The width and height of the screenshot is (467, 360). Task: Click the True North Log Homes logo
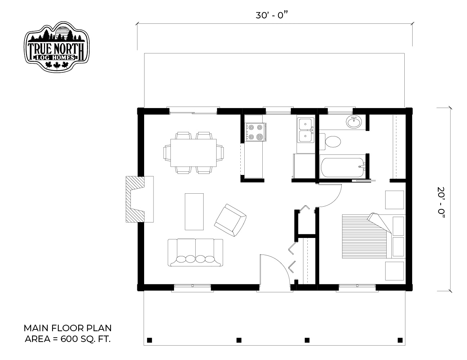[57, 47]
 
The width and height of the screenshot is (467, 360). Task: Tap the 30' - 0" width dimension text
[272, 15]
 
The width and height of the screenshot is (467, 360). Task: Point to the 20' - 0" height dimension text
[441, 202]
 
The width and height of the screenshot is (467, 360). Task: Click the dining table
[194, 153]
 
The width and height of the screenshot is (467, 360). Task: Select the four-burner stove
[255, 132]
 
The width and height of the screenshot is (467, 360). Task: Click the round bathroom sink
[354, 122]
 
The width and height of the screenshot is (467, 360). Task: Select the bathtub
[343, 167]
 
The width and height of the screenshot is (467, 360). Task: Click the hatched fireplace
[135, 199]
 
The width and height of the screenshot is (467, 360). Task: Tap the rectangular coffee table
[194, 212]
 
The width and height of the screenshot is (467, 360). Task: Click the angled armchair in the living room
[230, 220]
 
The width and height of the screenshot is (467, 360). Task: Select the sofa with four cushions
[195, 252]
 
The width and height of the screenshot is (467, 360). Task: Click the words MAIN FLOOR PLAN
[67, 328]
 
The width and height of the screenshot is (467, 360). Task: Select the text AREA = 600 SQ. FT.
[68, 339]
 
